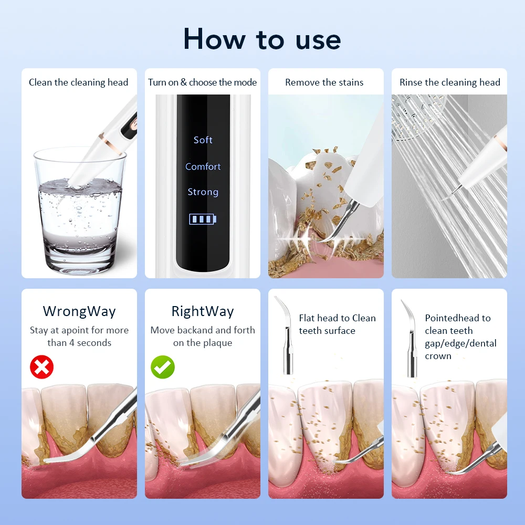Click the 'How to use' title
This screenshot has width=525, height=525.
point(262,39)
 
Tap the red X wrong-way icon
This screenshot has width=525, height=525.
point(41,367)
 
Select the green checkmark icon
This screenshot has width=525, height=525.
point(163,367)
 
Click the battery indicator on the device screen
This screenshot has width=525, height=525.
point(203,219)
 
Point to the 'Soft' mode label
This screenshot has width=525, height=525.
point(203,140)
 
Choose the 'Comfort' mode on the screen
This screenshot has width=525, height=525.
point(203,166)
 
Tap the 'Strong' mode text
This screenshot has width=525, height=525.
point(203,192)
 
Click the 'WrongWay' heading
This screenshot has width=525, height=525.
point(79,311)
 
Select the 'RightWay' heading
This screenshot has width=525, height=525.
point(203,311)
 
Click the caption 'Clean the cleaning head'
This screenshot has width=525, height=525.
point(79,82)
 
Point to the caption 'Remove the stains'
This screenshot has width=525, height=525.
point(324,82)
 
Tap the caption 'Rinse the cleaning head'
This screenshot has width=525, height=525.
point(450,82)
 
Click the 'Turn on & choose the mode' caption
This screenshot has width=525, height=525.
point(203,82)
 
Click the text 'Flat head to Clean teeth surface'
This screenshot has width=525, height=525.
point(337,324)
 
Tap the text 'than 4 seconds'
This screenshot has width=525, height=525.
point(79,343)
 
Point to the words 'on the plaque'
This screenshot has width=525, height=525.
point(203,343)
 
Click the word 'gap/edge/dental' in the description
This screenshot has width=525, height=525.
point(460,343)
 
